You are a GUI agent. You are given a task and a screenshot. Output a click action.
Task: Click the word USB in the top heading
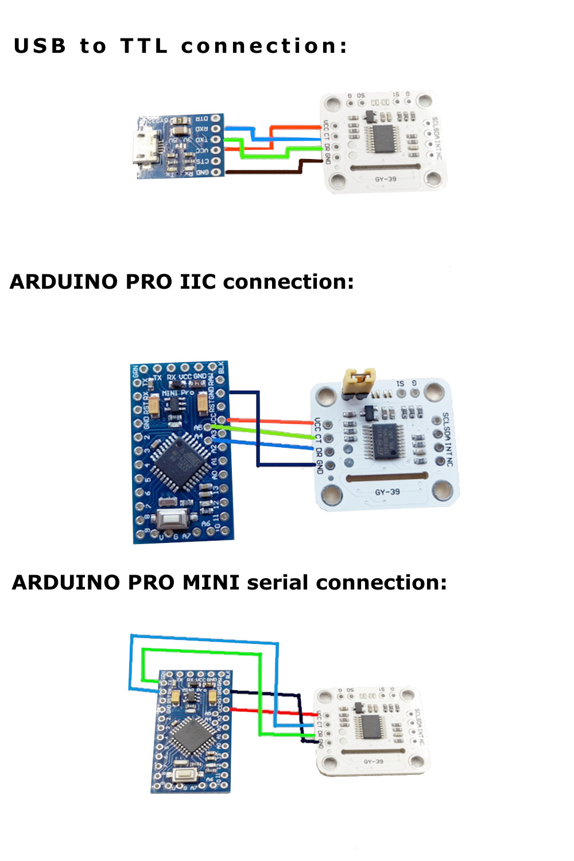[40, 46]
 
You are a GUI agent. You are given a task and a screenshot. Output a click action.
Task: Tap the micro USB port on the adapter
[144, 148]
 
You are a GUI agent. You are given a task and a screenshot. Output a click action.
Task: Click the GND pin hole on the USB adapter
[216, 172]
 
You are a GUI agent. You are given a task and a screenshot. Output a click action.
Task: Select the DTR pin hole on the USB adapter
[216, 119]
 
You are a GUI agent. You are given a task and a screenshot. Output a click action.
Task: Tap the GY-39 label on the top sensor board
[385, 179]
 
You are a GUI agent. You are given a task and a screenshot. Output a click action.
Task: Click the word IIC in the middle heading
[198, 282]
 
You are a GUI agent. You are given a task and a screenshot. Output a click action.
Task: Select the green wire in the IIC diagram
[270, 432]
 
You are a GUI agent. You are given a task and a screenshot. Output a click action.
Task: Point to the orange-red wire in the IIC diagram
[270, 422]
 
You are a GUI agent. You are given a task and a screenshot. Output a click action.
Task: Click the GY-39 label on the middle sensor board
[387, 492]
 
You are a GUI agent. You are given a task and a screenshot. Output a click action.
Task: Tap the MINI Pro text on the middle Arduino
[178, 393]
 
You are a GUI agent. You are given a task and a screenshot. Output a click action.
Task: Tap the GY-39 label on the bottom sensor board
[373, 762]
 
